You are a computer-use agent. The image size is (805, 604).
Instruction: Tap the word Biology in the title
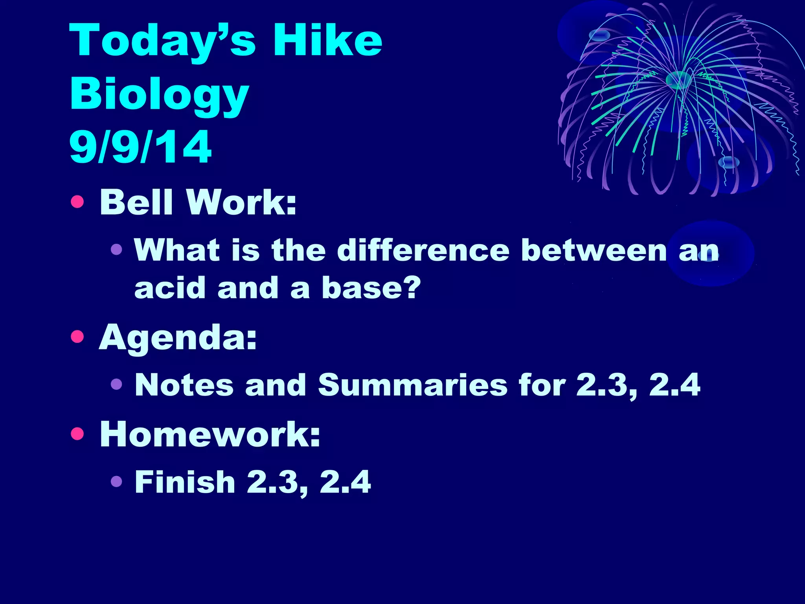(x=159, y=94)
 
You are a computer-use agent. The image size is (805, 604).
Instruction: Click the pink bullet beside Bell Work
(x=77, y=202)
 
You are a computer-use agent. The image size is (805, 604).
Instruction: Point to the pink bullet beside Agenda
(x=77, y=337)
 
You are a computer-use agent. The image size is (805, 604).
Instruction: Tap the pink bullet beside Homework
(x=77, y=434)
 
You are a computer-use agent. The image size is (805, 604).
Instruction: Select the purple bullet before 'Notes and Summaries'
(x=116, y=384)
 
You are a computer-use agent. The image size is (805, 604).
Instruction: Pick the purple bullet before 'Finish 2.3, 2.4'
(x=116, y=481)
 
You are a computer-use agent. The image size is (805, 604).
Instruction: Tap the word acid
(x=170, y=288)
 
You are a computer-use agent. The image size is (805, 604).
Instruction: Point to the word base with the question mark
(x=371, y=288)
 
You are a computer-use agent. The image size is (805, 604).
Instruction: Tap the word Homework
(x=210, y=435)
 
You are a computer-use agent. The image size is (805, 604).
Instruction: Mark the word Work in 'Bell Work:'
(x=241, y=203)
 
